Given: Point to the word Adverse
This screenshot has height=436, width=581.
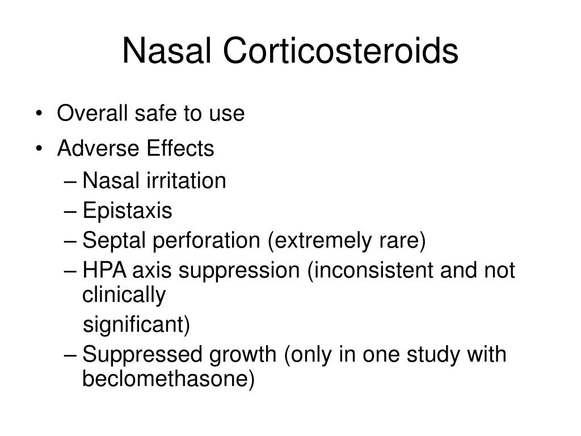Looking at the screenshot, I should coord(99,149).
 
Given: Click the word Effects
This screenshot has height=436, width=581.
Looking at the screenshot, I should coord(181,149).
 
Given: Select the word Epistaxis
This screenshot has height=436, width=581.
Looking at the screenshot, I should coord(127,211).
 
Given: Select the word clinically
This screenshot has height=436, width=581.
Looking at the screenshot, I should coord(124,295).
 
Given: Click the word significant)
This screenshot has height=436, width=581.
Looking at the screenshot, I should coord(137,325).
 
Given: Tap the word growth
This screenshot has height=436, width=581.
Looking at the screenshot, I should coord(242,355).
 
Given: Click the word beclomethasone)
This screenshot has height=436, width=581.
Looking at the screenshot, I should coord(169,379).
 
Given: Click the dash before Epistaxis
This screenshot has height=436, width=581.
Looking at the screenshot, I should coord(70,211).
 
